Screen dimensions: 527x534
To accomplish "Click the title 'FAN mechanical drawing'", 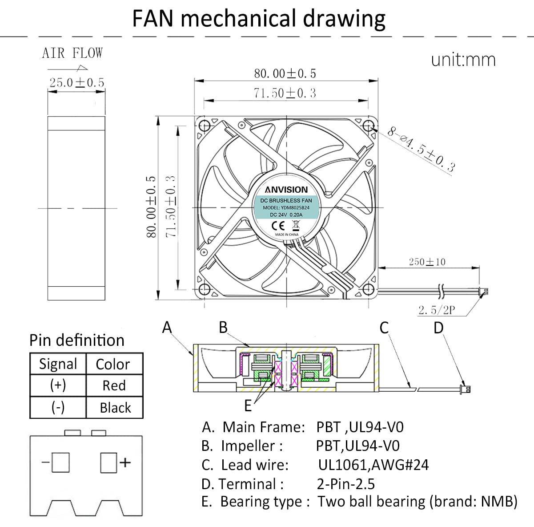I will click(259, 19).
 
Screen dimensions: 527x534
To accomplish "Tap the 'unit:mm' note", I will click(463, 60).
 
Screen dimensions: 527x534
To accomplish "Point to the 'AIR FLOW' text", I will click(72, 53).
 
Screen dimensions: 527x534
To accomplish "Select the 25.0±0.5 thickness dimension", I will click(76, 82).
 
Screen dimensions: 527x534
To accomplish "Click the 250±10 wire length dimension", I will click(427, 262).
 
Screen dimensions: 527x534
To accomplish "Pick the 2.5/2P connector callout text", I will click(437, 310).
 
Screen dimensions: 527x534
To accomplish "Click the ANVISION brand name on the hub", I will click(286, 190).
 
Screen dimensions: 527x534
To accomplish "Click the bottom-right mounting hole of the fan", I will click(368, 290).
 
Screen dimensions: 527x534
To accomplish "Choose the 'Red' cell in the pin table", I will click(114, 385).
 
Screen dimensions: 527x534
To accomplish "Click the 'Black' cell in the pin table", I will click(115, 407).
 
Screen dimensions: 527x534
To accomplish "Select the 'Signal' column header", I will click(58, 364).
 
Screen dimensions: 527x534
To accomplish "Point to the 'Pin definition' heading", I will click(77, 340).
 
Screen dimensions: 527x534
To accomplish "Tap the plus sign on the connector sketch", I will click(125, 462).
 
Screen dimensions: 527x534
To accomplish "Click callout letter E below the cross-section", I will click(248, 405).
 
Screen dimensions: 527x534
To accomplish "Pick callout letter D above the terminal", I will click(438, 328).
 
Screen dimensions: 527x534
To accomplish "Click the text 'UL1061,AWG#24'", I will click(373, 465).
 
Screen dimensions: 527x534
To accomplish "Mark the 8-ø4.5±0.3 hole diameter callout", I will click(421, 150).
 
